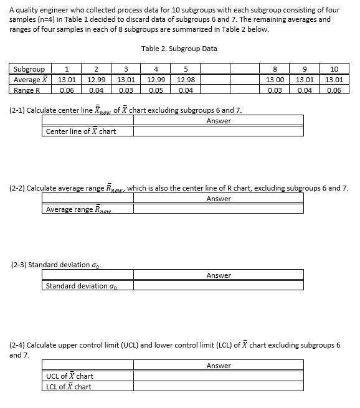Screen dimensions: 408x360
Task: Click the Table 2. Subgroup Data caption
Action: [x=179, y=49]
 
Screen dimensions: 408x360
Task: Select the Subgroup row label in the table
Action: [x=29, y=69]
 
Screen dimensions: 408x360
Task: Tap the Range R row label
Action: [x=27, y=90]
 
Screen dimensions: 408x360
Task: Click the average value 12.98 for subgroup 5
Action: [x=185, y=80]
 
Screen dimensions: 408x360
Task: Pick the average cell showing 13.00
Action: [x=275, y=80]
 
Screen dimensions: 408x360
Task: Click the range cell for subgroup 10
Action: [x=334, y=90]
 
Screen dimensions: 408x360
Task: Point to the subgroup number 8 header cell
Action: [x=275, y=69]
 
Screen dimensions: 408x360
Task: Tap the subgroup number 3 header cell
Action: [x=126, y=69]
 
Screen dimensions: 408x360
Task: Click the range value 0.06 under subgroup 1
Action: [x=67, y=90]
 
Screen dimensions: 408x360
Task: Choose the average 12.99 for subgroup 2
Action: [x=96, y=80]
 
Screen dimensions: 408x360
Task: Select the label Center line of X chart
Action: [x=81, y=131]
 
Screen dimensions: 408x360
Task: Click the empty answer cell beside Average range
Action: [x=218, y=209]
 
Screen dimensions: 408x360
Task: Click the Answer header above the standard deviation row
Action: [x=218, y=275]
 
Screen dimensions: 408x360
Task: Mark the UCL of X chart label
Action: [x=69, y=376]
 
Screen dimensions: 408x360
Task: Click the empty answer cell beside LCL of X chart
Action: [x=218, y=387]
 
